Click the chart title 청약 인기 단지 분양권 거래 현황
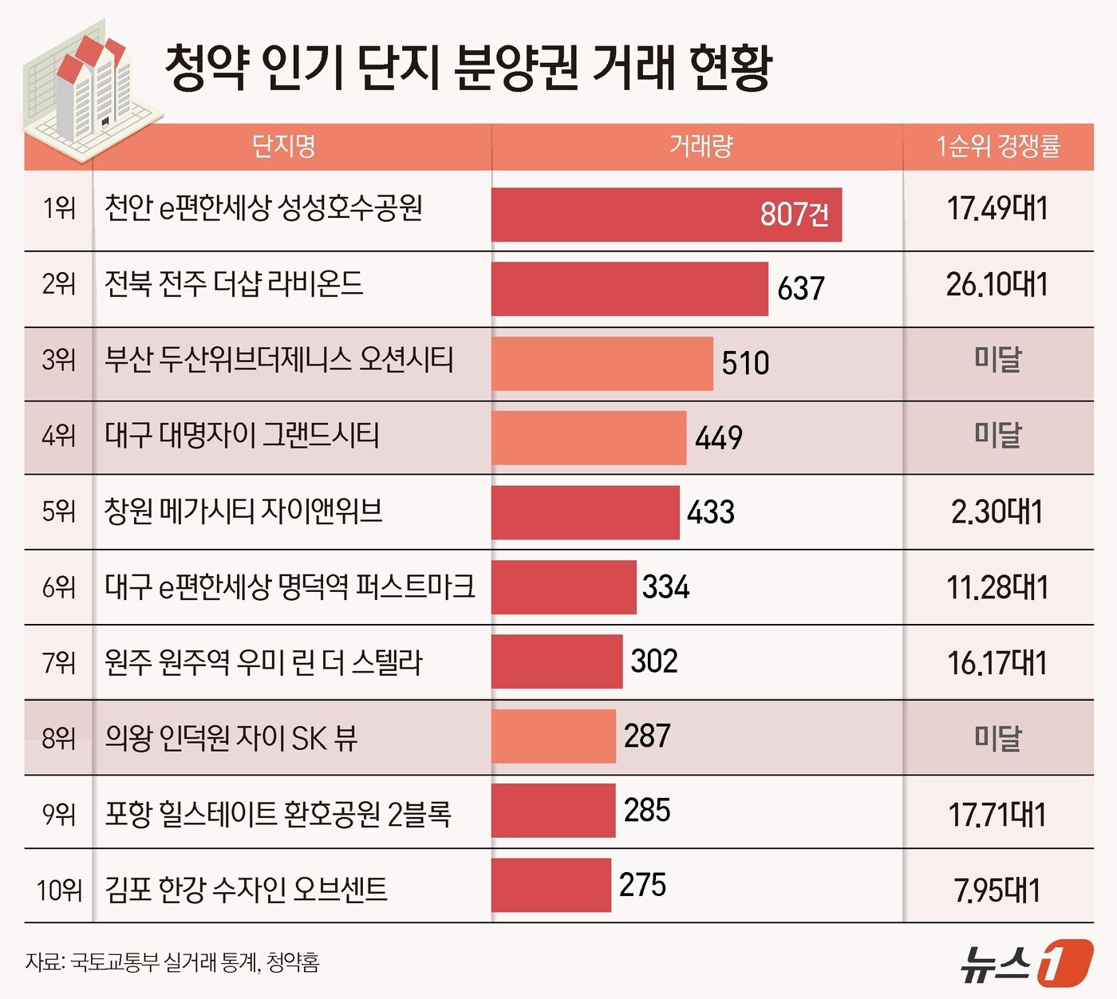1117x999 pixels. point(468,67)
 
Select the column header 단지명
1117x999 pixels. point(283,146)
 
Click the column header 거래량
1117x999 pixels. point(700,146)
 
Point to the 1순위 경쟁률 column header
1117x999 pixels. point(997,146)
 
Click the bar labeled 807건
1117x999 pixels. point(665,214)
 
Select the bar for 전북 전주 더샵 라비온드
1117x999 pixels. point(629,289)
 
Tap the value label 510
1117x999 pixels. point(745,363)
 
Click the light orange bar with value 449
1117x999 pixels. point(588,437)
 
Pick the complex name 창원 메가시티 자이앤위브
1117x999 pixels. point(243,511)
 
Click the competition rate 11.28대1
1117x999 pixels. point(997,587)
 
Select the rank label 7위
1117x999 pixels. point(59,662)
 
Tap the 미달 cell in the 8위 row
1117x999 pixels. point(997,737)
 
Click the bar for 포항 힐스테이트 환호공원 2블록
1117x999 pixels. point(553,811)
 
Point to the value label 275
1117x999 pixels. point(642,885)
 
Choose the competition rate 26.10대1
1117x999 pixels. point(997,285)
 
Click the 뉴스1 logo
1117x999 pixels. point(1026,962)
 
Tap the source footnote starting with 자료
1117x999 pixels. point(172,962)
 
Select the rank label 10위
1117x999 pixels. point(59,889)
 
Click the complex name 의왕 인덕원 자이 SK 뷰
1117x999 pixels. point(231,738)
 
